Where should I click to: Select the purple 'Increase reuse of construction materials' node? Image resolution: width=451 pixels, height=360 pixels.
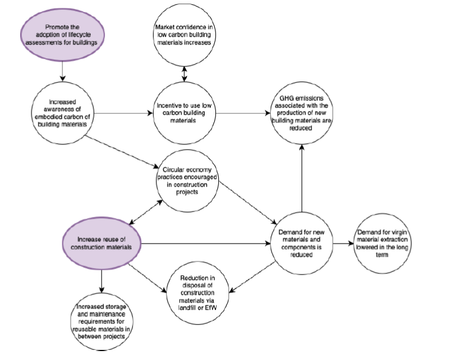[100, 242]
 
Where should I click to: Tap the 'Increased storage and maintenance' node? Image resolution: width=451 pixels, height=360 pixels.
[100, 321]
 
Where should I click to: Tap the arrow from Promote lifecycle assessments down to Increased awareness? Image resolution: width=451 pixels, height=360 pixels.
[62, 73]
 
